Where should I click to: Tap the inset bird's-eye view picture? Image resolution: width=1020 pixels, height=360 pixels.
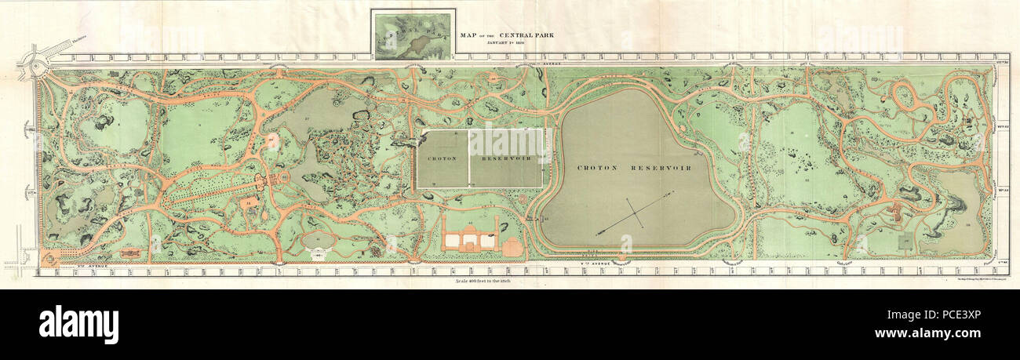pos(413,35)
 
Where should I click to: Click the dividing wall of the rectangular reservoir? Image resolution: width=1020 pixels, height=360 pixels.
pos(469,158)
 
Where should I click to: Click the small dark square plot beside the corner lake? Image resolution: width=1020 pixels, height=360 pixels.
pos(905,238)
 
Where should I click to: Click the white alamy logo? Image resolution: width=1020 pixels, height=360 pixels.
pos(78,323)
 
